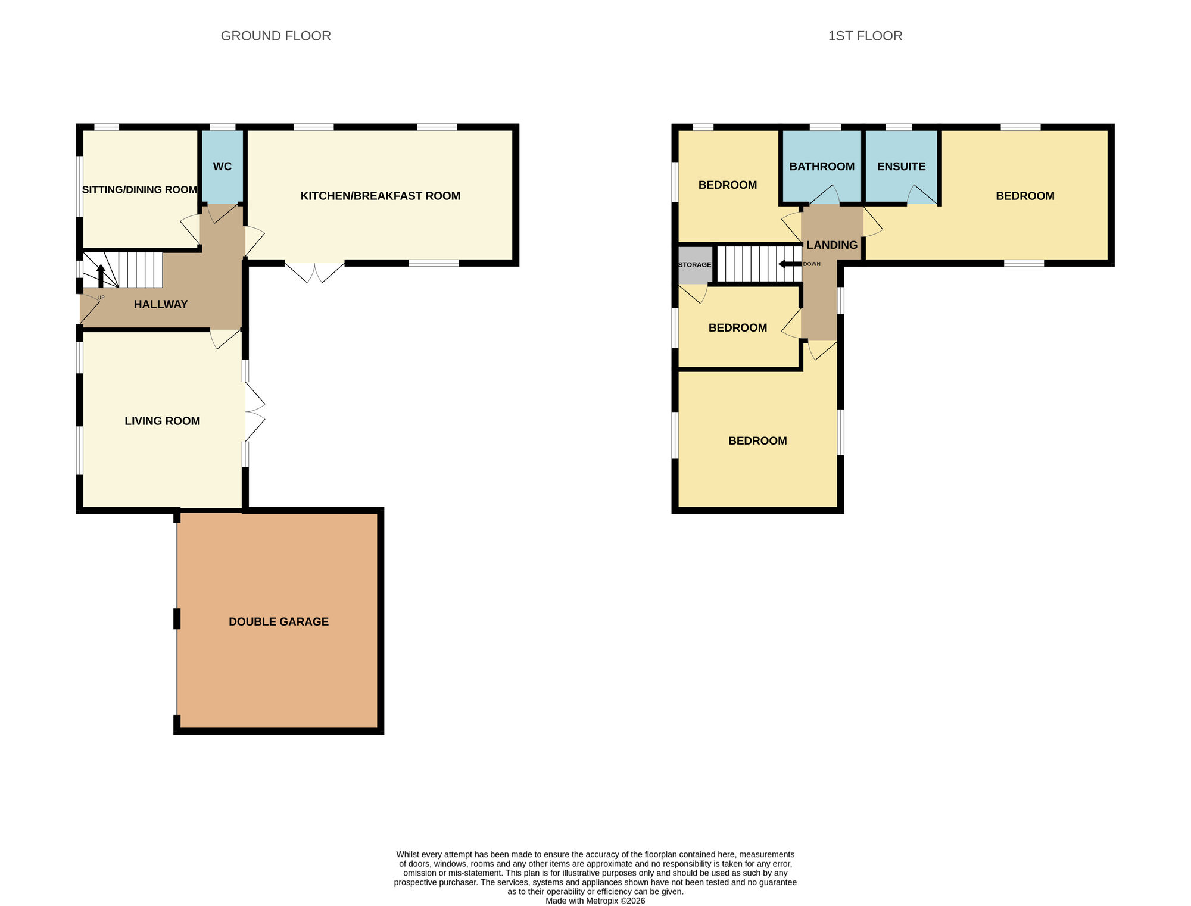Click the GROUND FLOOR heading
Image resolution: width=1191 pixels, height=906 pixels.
pyautogui.click(x=276, y=36)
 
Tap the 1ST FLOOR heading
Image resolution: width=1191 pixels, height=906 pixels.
pyautogui.click(x=865, y=36)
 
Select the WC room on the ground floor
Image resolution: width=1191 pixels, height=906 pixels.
pyautogui.click(x=222, y=166)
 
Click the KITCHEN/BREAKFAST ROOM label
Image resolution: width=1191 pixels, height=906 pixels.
pyautogui.click(x=380, y=196)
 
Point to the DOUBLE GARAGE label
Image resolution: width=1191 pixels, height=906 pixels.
pyautogui.click(x=279, y=621)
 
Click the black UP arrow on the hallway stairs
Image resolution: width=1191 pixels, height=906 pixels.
pyautogui.click(x=101, y=276)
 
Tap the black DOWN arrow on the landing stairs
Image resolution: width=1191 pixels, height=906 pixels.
pyautogui.click(x=790, y=264)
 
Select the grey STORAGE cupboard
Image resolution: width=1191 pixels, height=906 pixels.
pyautogui.click(x=695, y=265)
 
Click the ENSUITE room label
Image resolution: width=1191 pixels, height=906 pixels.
pyautogui.click(x=901, y=167)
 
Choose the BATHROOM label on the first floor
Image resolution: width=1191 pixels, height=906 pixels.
pyautogui.click(x=822, y=167)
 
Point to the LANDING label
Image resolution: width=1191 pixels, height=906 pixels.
pyautogui.click(x=832, y=245)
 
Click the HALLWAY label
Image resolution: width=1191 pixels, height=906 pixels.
pyautogui.click(x=161, y=304)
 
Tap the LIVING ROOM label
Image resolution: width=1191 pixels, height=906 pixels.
pyautogui.click(x=162, y=421)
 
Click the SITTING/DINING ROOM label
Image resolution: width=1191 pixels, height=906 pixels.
pyautogui.click(x=139, y=190)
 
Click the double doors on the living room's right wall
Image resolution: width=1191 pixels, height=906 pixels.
pyautogui.click(x=254, y=411)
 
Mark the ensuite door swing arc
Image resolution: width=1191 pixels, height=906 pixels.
pyautogui.click(x=921, y=195)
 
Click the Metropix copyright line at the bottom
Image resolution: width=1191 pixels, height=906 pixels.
pyautogui.click(x=595, y=901)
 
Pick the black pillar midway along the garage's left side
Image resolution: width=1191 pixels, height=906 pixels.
pyautogui.click(x=177, y=618)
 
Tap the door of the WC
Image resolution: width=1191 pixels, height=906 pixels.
pyautogui.click(x=222, y=213)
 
